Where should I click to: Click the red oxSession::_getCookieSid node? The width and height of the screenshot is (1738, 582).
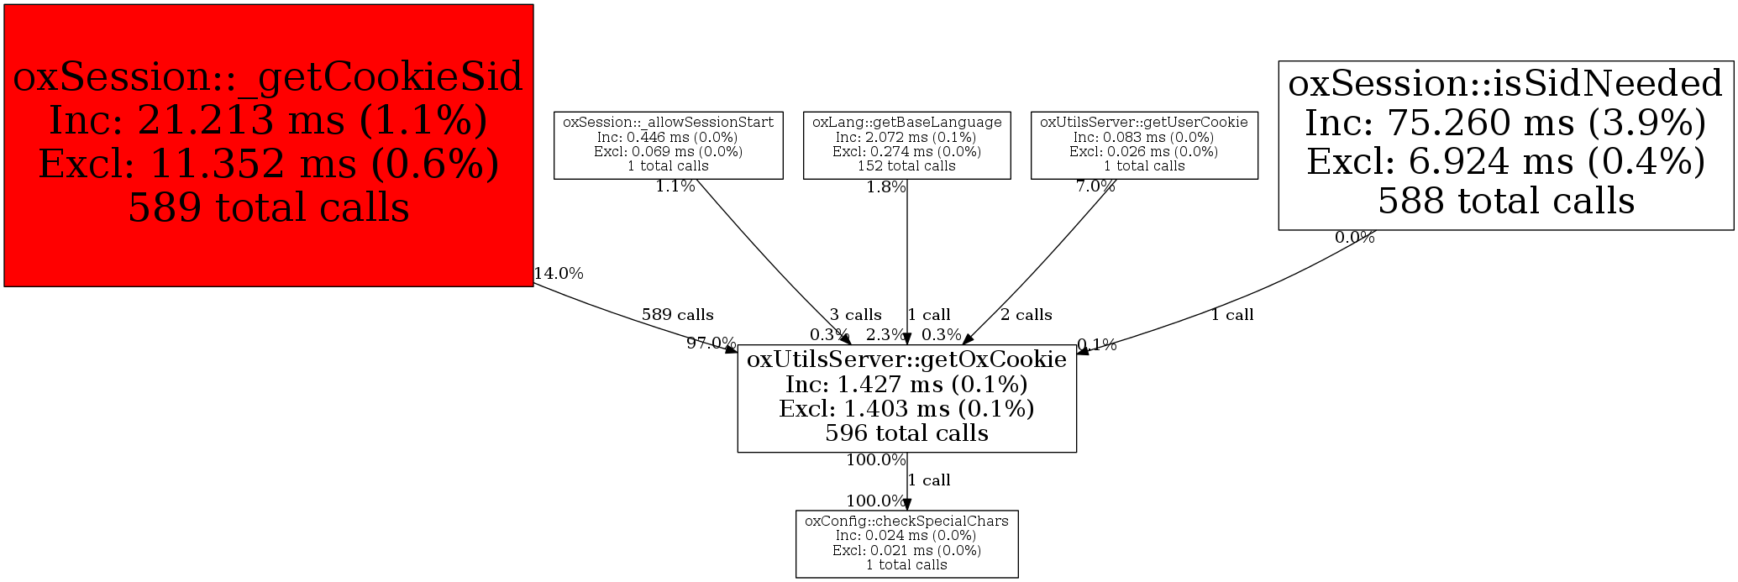[268, 144]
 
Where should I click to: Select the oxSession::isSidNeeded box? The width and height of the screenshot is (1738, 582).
[1505, 144]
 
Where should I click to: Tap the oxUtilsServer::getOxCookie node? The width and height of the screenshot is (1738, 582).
[906, 398]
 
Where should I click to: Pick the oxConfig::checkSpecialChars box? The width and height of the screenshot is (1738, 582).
[906, 543]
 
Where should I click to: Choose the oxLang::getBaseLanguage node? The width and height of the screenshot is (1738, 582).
[906, 144]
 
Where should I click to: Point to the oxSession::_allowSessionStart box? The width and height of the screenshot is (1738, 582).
[668, 144]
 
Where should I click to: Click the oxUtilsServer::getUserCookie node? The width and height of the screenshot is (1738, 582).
[1144, 144]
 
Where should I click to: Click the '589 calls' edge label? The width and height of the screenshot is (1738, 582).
[677, 315]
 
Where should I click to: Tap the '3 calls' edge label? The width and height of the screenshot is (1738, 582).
[855, 315]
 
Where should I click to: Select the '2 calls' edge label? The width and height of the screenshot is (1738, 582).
[1026, 315]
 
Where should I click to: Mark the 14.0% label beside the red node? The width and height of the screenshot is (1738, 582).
[559, 273]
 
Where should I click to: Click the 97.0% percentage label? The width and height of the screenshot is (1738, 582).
[711, 343]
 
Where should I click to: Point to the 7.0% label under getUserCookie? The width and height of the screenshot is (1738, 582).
[1095, 186]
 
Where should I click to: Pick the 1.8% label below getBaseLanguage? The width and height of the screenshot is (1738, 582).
[885, 187]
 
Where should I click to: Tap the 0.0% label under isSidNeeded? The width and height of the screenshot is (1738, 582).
[1354, 238]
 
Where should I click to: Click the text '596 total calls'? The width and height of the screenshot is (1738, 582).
[906, 433]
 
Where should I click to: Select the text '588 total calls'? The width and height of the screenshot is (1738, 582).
[1505, 202]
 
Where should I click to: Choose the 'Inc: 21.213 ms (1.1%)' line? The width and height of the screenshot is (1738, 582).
[268, 120]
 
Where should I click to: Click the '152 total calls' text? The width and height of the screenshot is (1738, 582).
[906, 166]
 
